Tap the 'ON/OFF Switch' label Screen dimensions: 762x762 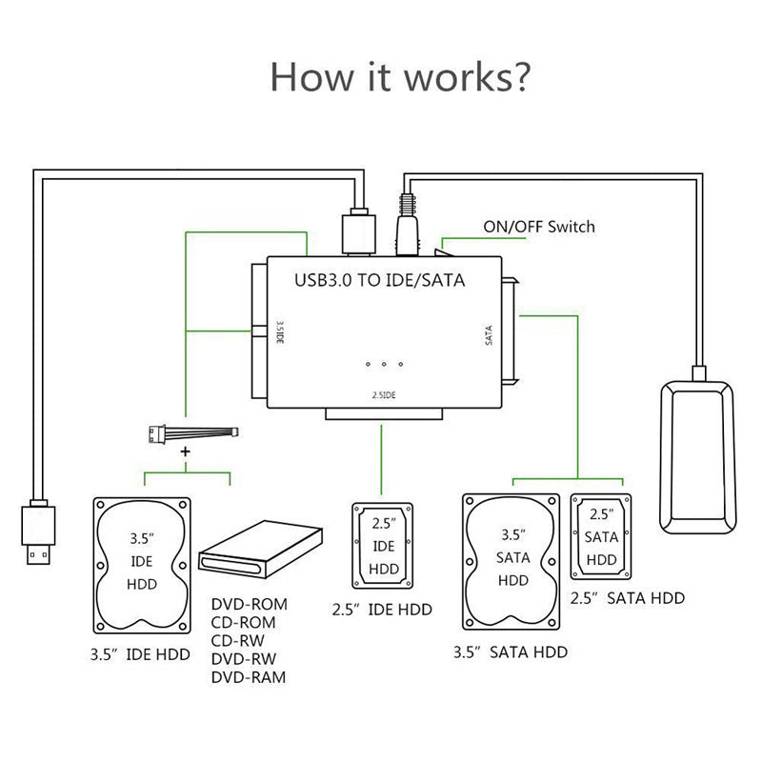[x=539, y=227]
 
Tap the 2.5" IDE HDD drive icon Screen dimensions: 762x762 [x=383, y=547]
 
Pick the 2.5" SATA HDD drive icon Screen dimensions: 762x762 [x=601, y=536]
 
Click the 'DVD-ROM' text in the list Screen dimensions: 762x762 [x=249, y=605]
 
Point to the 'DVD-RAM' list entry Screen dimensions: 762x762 [x=248, y=677]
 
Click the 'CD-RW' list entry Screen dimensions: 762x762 [x=240, y=641]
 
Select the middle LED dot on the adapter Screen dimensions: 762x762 [x=383, y=364]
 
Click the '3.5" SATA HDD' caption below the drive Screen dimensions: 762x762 [x=510, y=652]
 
